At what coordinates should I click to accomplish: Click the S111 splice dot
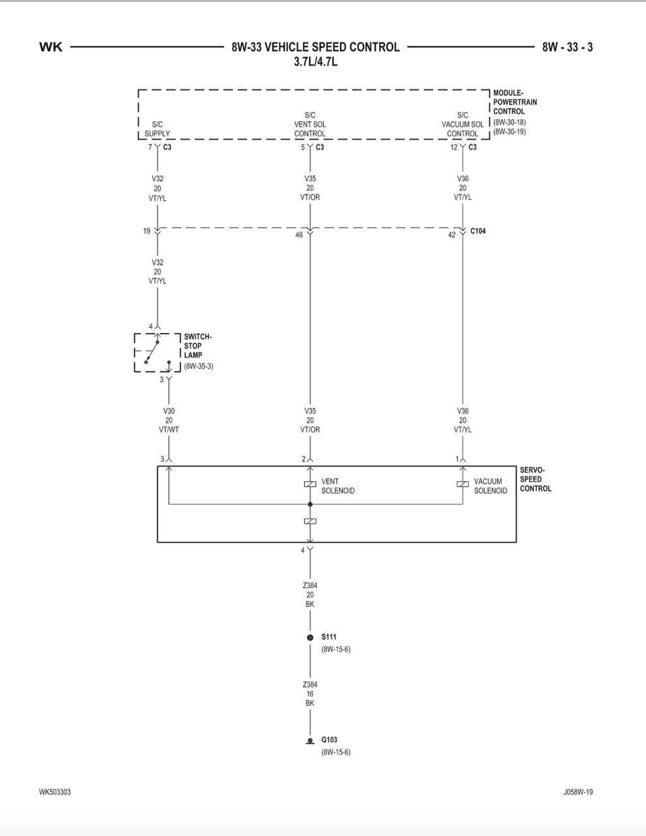click(x=310, y=637)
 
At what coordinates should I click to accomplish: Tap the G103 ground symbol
click(x=310, y=741)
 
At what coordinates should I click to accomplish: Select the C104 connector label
click(x=478, y=231)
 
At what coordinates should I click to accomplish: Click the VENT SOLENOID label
click(x=338, y=486)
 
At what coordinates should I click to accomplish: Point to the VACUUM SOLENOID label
click(x=490, y=486)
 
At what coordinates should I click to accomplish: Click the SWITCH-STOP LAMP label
click(x=197, y=346)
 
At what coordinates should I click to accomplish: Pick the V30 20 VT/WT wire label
click(x=168, y=420)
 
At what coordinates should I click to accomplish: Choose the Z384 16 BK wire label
click(x=310, y=694)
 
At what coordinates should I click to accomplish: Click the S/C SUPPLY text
click(x=157, y=129)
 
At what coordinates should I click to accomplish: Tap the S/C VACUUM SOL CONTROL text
click(x=462, y=124)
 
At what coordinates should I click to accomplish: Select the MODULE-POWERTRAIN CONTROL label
click(x=515, y=102)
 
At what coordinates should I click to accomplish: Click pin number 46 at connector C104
click(x=299, y=235)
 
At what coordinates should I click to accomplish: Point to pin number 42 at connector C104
click(x=452, y=235)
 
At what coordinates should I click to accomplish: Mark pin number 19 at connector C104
click(x=147, y=231)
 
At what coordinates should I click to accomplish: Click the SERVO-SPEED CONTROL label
click(x=536, y=479)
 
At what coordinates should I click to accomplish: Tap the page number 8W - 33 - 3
click(x=568, y=47)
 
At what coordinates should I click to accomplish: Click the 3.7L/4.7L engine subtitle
click(x=315, y=62)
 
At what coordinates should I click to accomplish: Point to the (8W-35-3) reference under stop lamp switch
click(x=198, y=366)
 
